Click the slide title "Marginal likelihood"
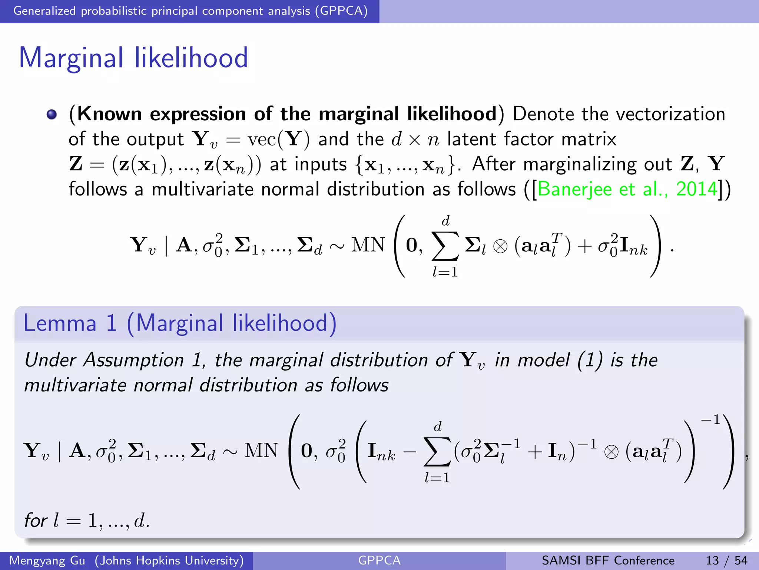(x=133, y=58)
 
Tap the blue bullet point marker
(x=52, y=114)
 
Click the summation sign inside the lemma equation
(x=437, y=451)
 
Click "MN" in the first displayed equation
(x=368, y=245)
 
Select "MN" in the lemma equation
(x=261, y=451)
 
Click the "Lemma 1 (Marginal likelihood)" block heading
(x=180, y=323)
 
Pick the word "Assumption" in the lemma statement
(x=134, y=360)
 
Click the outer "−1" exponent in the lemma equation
(x=710, y=420)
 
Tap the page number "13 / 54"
(x=726, y=560)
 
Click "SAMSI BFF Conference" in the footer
(x=608, y=560)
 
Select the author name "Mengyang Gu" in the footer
(x=47, y=560)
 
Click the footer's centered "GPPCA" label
(x=379, y=560)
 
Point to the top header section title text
(x=190, y=11)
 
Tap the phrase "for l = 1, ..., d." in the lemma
(x=87, y=520)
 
